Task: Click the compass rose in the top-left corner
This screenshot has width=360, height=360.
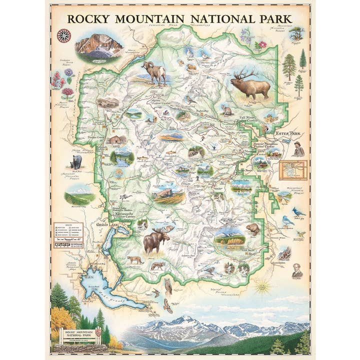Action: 63,35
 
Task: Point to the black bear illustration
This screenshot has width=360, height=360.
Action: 76,161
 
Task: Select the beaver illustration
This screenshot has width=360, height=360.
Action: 252,228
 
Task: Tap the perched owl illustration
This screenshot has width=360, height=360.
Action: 168,285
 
